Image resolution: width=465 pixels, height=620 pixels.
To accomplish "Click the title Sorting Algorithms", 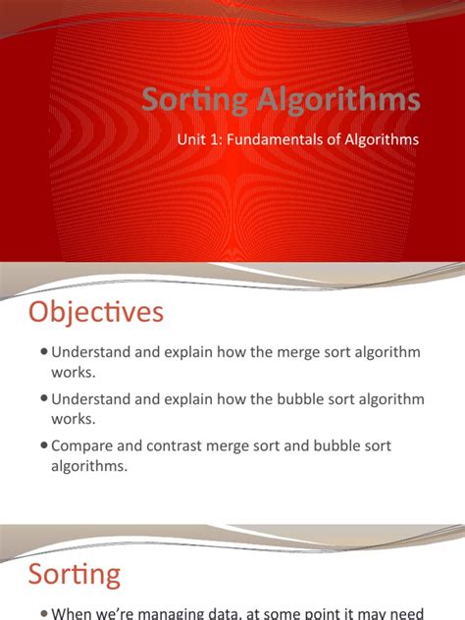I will tap(282, 100).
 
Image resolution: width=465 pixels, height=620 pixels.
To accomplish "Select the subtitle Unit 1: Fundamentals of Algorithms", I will tap(298, 140).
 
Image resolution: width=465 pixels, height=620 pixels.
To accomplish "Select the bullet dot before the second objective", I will tap(45, 400).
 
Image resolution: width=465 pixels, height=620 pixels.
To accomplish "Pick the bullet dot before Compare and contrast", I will tap(45, 446).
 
